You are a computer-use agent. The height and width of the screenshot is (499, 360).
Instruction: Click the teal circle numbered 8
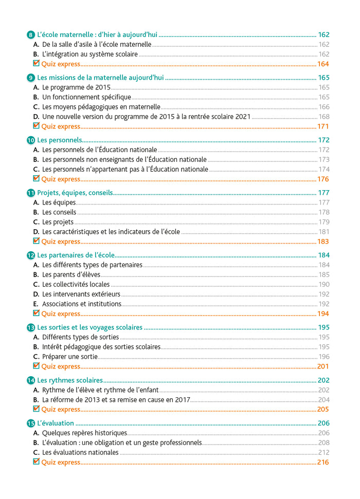(30, 35)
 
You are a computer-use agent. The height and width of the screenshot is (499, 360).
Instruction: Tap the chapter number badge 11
(30, 193)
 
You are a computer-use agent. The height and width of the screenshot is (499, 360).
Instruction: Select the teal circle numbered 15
(30, 423)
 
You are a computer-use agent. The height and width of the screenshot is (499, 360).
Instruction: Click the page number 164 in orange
(323, 64)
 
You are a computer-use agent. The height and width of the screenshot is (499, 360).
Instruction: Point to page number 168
(324, 117)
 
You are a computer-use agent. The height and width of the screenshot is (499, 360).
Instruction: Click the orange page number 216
(323, 463)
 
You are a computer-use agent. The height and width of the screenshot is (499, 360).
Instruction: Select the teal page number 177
(323, 193)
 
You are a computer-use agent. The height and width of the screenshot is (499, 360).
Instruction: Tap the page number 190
(324, 285)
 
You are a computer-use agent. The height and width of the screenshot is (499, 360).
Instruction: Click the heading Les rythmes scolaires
(70, 380)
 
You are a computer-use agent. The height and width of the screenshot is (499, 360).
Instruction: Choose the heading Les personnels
(60, 140)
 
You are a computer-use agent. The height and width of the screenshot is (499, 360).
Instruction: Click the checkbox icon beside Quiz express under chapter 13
(37, 366)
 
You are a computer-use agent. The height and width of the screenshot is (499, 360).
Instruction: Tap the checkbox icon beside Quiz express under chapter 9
(37, 126)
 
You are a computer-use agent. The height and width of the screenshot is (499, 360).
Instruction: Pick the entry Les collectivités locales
(76, 285)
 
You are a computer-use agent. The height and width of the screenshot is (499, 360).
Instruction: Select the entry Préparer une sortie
(70, 357)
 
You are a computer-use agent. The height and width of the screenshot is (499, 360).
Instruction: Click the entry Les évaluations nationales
(80, 453)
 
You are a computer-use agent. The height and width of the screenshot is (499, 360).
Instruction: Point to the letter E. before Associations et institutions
(36, 304)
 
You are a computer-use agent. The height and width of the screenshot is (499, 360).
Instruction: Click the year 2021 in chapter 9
(243, 117)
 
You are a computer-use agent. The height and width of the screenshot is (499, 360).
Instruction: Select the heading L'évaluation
(56, 423)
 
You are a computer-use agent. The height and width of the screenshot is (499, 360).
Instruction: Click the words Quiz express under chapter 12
(61, 314)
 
